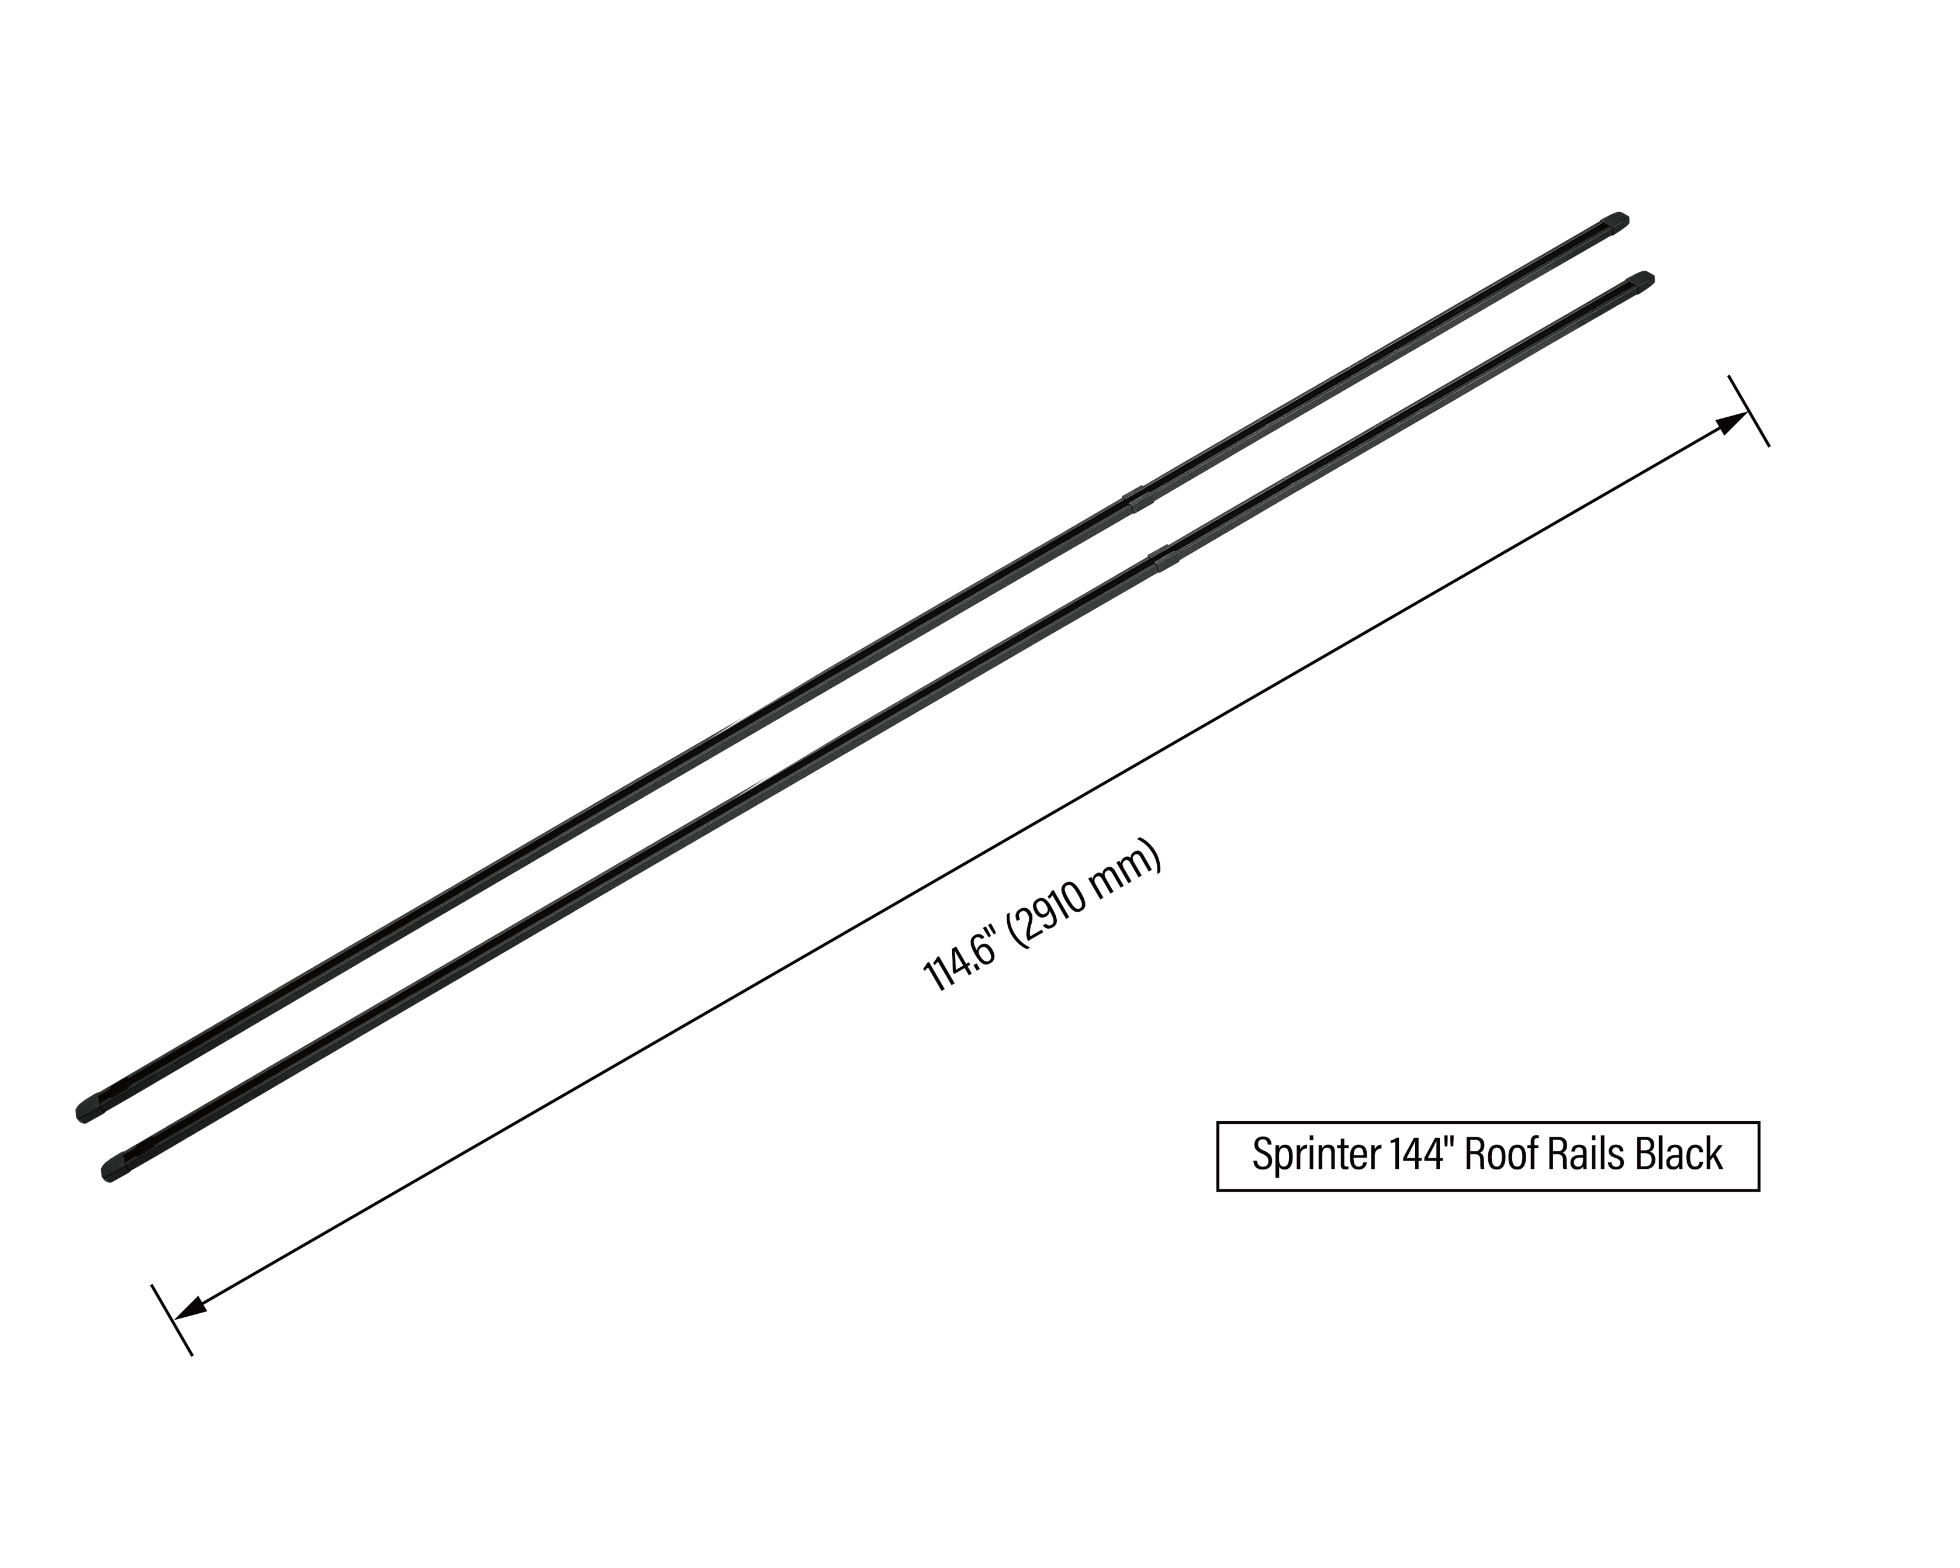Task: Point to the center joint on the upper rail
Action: pyautogui.click(x=1133, y=499)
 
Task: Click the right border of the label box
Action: pyautogui.click(x=1759, y=1155)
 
